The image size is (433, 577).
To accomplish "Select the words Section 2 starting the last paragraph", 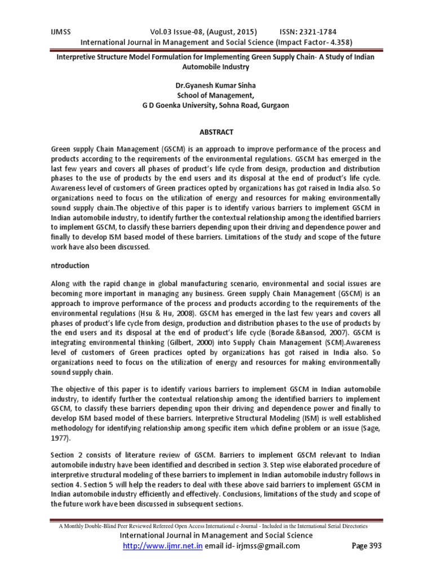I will click(x=68, y=454).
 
